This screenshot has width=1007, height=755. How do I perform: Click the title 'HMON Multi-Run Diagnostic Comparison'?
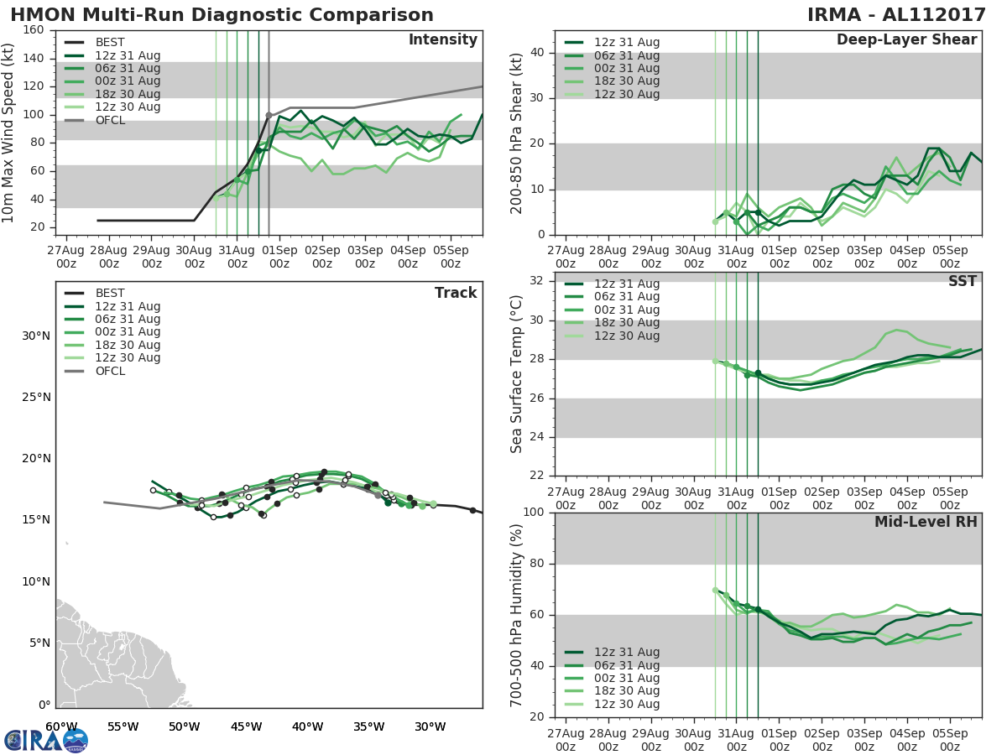click(x=222, y=15)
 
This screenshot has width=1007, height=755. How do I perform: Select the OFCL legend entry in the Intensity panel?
click(x=109, y=120)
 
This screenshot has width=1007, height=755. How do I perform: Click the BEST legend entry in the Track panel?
click(x=109, y=294)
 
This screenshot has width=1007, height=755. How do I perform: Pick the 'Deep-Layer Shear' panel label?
click(x=906, y=40)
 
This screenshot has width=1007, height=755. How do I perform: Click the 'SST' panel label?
click(x=963, y=282)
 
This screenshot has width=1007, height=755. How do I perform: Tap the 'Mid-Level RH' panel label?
click(x=926, y=523)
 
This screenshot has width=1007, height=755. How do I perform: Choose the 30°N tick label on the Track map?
click(x=36, y=336)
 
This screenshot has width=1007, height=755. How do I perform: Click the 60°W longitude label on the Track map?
click(x=61, y=726)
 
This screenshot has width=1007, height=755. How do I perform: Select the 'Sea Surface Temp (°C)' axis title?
click(x=518, y=374)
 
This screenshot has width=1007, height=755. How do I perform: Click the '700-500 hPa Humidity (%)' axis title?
click(x=518, y=614)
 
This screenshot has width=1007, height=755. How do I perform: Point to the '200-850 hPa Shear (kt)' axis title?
click(x=518, y=133)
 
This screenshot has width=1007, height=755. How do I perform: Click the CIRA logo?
click(x=45, y=740)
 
